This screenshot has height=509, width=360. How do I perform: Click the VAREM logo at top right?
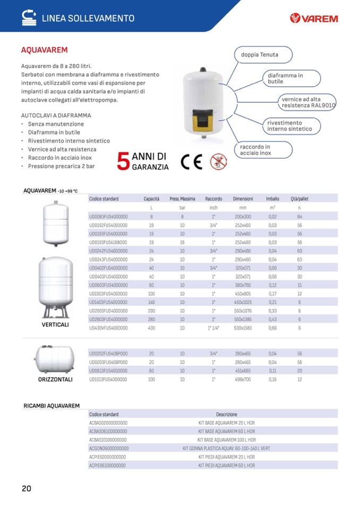click(x=314, y=19)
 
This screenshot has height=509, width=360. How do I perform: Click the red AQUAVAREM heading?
click(x=44, y=50)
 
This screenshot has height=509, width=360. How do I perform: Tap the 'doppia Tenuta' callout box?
click(x=260, y=55)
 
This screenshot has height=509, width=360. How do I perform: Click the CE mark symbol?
click(x=191, y=161)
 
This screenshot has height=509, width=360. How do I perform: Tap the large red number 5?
click(x=123, y=161)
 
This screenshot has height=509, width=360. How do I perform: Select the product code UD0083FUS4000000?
click(x=108, y=217)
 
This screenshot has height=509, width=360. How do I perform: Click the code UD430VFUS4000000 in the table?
click(x=108, y=328)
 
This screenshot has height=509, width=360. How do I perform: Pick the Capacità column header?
click(x=151, y=199)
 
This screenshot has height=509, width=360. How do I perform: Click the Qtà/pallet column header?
click(x=299, y=199)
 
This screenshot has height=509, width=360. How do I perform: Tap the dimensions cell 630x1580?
click(x=243, y=328)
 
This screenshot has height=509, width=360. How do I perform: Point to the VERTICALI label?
click(x=55, y=324)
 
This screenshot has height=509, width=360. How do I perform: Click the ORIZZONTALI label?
click(x=55, y=380)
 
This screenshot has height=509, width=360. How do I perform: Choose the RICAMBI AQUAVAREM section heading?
click(x=52, y=406)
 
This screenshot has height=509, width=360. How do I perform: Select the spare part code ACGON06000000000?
click(x=109, y=448)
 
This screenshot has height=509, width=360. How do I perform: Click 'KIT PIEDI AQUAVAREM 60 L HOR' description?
click(x=227, y=465)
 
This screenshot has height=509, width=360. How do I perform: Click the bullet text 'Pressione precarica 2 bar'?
click(x=61, y=166)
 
